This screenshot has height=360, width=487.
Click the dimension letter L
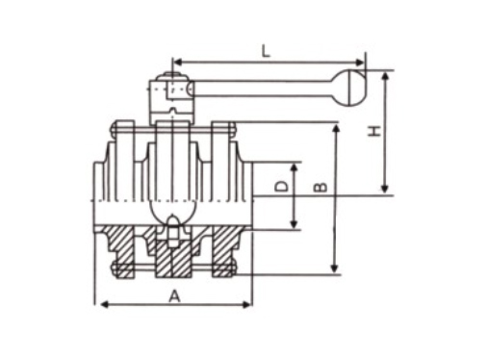coord(266,51)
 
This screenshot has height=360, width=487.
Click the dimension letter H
coord(374,131)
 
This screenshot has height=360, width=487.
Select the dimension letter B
coord(320,187)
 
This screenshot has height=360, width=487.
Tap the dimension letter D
coord(282,186)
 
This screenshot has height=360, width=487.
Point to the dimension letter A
coord(174,296)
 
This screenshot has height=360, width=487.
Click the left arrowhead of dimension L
coord(177,63)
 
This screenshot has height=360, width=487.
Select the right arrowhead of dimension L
coord(361,63)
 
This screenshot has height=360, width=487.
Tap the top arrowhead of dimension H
coord(385,76)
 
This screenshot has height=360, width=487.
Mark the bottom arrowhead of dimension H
coord(385,189)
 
